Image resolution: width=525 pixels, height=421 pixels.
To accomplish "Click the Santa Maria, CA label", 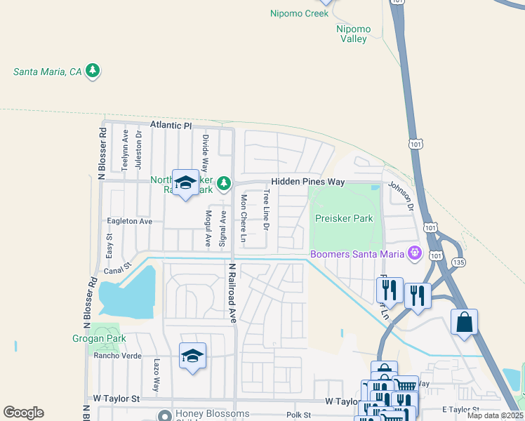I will tap(47, 72).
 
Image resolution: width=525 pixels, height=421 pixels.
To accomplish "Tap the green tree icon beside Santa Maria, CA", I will tap(93, 71).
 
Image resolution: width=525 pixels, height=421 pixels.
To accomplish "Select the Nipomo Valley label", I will tap(352, 34).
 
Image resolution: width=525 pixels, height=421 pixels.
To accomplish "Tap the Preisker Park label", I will tap(344, 218).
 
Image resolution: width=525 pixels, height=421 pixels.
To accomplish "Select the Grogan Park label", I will tap(98, 338).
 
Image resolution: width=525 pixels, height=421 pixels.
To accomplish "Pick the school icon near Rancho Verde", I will tap(192, 356).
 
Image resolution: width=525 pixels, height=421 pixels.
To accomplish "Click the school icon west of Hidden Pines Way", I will tap(185, 183).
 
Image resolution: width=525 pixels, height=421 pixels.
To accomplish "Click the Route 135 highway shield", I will tap(458, 262).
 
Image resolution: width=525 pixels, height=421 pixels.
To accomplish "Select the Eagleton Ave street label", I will tap(129, 221).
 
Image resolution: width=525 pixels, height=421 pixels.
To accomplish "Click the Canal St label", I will tap(117, 267).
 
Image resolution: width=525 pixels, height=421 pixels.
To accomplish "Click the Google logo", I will tap(23, 413).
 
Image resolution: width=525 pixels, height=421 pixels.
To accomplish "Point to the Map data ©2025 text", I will tap(496, 415).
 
